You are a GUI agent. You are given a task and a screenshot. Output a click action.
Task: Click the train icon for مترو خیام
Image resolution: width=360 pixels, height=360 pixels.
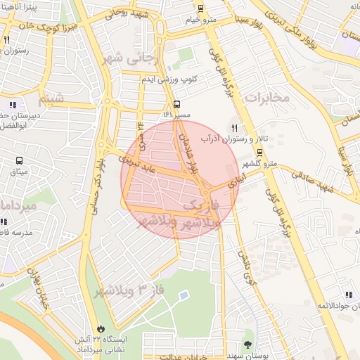pyautogui.click(x=201, y=9)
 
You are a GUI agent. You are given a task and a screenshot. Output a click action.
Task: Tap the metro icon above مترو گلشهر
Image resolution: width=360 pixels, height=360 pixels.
pyautogui.click(x=259, y=153)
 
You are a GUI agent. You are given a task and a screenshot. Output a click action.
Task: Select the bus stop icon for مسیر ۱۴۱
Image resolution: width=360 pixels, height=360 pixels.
pyautogui.click(x=176, y=103)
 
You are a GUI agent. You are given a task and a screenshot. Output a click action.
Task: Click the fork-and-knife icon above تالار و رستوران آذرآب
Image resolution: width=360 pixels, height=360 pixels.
pyautogui.click(x=234, y=128)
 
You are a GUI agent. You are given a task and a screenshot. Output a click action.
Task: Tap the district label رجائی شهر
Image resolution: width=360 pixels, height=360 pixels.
pyautogui.click(x=129, y=58)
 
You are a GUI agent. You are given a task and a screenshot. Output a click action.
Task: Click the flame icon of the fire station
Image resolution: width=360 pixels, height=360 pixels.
pyautogui.click(x=101, y=328)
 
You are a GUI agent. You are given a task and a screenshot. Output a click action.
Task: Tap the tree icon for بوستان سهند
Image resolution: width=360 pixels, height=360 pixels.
pyautogui.click(x=247, y=344)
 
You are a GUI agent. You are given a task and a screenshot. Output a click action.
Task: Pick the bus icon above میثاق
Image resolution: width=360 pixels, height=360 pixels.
pyautogui.click(x=14, y=160)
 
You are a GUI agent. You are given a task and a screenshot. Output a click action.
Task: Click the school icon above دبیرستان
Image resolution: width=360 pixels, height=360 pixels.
pyautogui.click(x=13, y=105)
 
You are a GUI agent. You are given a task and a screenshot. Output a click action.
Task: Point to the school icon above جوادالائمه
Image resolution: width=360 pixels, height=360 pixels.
pyautogui.click(x=347, y=295)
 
